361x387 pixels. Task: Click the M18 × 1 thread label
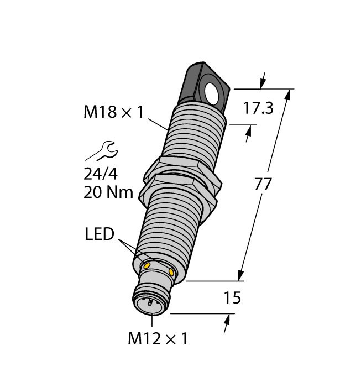pyautogui.click(x=113, y=112)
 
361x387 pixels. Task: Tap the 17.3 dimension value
pyautogui.click(x=259, y=108)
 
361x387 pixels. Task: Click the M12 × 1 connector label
pyautogui.click(x=158, y=338)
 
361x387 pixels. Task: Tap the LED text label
pyautogui.click(x=100, y=234)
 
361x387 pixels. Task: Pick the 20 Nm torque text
pyautogui.click(x=108, y=193)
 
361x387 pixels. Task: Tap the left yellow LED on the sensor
pyautogui.click(x=148, y=266)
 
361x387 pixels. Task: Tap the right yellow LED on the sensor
pyautogui.click(x=171, y=273)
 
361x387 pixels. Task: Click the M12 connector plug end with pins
pyautogui.click(x=150, y=304)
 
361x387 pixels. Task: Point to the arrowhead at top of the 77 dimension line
pyautogui.click(x=287, y=95)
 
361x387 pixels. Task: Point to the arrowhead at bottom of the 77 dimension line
pyautogui.click(x=242, y=275)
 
